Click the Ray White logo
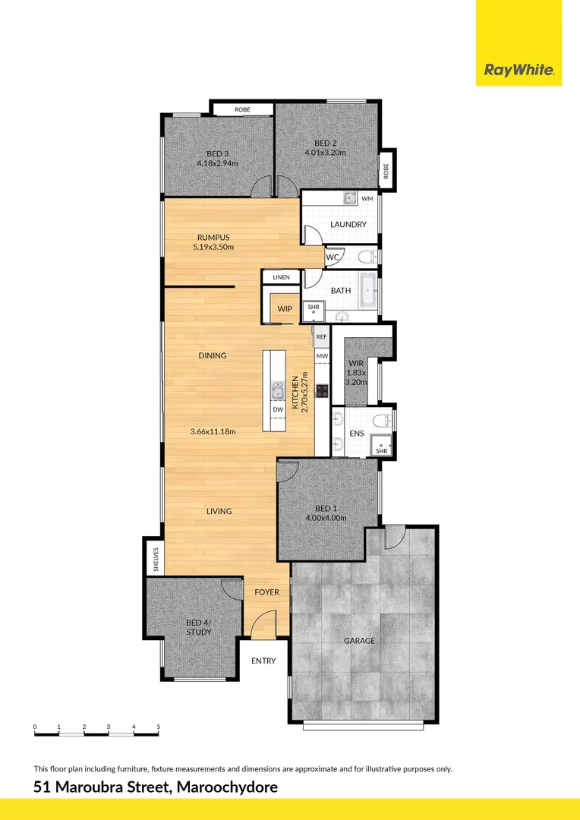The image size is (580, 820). click(x=519, y=71)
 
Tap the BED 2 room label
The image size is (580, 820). click(x=325, y=143)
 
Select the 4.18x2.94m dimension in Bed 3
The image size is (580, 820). click(x=217, y=163)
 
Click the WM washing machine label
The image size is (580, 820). click(x=367, y=198)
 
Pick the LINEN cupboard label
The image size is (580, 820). click(x=282, y=278)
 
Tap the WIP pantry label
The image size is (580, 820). click(x=285, y=309)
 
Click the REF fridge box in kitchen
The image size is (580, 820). click(x=321, y=336)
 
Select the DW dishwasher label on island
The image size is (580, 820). click(x=278, y=409)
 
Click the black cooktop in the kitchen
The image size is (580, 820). click(x=322, y=392)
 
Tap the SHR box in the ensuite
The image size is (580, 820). click(x=381, y=450)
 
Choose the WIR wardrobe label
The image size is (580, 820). click(x=356, y=364)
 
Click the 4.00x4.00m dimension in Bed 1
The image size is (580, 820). click(x=325, y=519)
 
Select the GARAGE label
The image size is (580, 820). click(x=359, y=641)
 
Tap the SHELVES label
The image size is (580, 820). click(x=154, y=559)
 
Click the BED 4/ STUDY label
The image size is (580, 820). click(x=198, y=627)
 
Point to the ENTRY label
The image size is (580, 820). click(x=263, y=661)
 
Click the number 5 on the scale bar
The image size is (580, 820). click(x=158, y=727)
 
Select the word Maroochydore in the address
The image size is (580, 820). click(x=227, y=787)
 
